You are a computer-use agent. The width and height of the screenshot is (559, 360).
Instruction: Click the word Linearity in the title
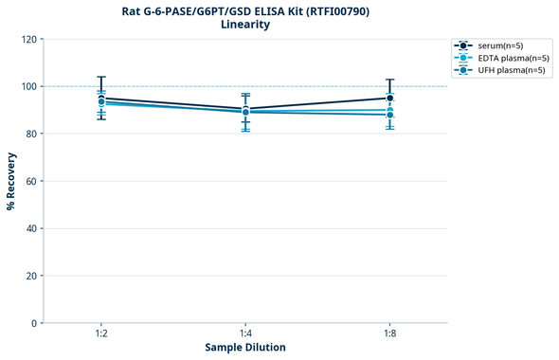(245, 25)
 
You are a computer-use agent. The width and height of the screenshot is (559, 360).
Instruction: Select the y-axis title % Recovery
(11, 181)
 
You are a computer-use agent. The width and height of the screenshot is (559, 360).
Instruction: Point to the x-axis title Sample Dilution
(245, 348)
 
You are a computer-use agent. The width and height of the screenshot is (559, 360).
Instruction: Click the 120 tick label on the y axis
(27, 39)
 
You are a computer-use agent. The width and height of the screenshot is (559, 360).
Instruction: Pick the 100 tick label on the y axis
(27, 86)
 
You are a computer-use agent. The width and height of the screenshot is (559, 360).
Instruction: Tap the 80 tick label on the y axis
(30, 134)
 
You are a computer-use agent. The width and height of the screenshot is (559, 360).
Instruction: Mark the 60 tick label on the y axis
(30, 181)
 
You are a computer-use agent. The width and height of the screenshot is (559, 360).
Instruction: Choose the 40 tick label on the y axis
(30, 228)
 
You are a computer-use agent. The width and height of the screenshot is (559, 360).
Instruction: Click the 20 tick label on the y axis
(30, 276)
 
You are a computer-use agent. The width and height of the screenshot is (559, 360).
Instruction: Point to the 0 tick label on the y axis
(33, 323)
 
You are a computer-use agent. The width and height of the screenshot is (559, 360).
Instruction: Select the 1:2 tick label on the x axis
(101, 333)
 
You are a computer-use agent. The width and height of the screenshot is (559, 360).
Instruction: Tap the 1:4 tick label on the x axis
(245, 333)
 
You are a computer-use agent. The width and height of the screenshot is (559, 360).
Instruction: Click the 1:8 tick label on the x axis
(390, 333)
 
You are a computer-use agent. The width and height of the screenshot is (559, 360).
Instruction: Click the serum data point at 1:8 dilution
(390, 98)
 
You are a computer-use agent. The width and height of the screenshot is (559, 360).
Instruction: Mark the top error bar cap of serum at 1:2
(101, 77)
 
